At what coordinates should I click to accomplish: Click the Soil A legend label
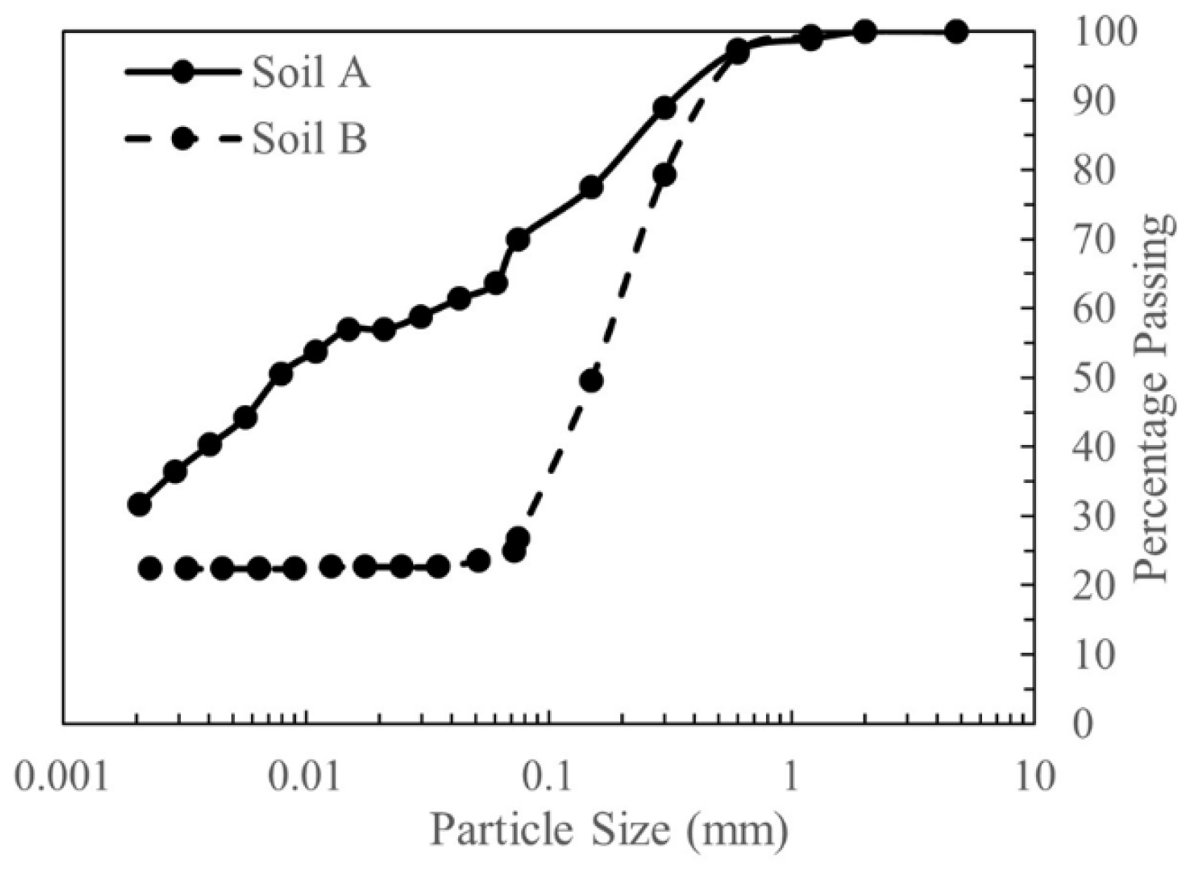(x=311, y=72)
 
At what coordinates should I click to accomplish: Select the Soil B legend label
(x=309, y=138)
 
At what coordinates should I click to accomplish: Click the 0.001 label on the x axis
(x=62, y=778)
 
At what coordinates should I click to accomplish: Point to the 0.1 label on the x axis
(x=548, y=778)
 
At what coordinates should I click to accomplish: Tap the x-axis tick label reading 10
(x=1034, y=778)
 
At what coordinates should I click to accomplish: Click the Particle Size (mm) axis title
(x=608, y=830)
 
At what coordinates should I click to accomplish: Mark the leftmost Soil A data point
(x=140, y=504)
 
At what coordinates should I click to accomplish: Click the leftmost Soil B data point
(x=150, y=568)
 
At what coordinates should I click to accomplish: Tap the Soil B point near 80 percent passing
(x=664, y=175)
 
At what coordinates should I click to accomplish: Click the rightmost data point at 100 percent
(x=956, y=32)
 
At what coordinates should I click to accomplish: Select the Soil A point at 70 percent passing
(x=518, y=239)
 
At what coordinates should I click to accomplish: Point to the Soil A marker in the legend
(x=182, y=72)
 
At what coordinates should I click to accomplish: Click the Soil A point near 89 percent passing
(x=664, y=108)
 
